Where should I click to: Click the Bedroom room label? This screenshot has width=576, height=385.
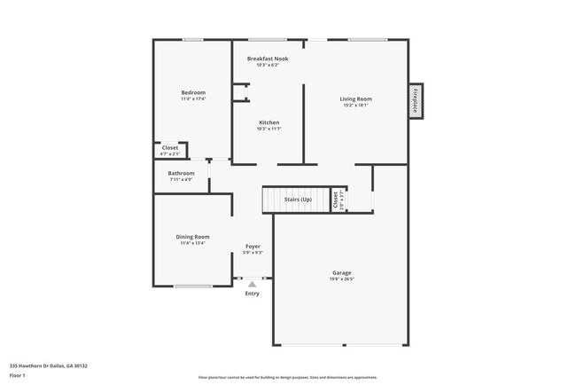click(x=193, y=92)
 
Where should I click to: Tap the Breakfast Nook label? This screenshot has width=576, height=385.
click(x=268, y=59)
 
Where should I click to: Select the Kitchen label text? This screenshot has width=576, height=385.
click(x=269, y=122)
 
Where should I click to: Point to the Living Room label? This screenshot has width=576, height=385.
click(x=355, y=98)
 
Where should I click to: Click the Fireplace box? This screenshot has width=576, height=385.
click(x=415, y=100)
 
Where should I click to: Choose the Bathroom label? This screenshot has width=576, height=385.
click(x=182, y=173)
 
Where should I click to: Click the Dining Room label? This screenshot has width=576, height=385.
click(x=192, y=237)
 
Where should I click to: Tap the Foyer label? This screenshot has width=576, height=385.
click(x=253, y=246)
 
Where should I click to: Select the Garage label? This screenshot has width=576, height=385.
click(x=342, y=272)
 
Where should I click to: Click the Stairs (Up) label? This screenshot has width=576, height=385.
click(x=298, y=200)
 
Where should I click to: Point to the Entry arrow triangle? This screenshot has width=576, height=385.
click(x=252, y=284)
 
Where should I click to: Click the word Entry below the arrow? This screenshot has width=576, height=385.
click(x=253, y=294)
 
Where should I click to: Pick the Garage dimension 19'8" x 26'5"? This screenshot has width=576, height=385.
click(x=342, y=279)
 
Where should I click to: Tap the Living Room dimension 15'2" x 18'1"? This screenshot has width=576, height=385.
click(x=355, y=106)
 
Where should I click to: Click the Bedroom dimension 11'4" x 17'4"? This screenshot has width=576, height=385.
click(x=193, y=99)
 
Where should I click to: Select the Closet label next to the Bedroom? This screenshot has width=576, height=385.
click(x=169, y=147)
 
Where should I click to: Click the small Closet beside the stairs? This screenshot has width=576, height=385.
click(x=336, y=200)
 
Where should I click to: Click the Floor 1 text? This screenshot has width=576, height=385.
click(x=18, y=375)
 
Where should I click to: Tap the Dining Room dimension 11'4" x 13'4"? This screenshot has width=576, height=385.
click(x=192, y=243)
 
